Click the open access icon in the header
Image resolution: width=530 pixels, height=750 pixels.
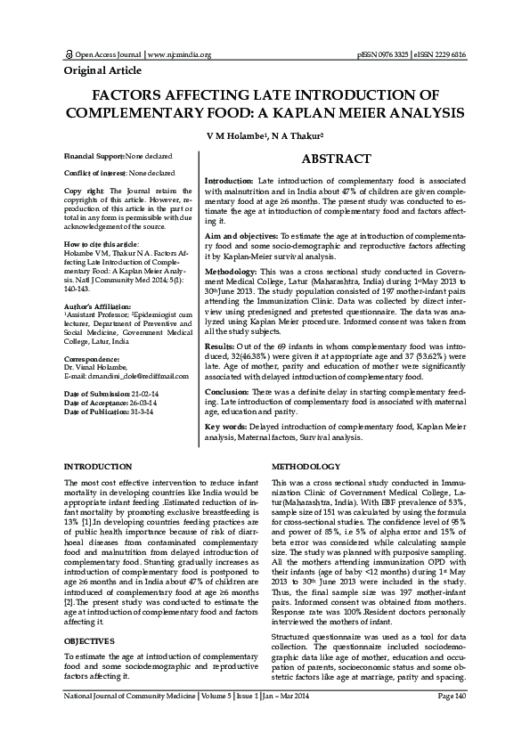coord(69,54)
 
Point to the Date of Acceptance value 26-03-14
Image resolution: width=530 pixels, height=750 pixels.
coord(142,404)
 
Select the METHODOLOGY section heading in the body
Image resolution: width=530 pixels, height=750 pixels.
coord(306,467)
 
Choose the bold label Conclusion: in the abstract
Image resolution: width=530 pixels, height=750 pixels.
coord(231,392)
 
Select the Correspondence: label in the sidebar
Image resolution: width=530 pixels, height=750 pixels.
coord(92,358)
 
